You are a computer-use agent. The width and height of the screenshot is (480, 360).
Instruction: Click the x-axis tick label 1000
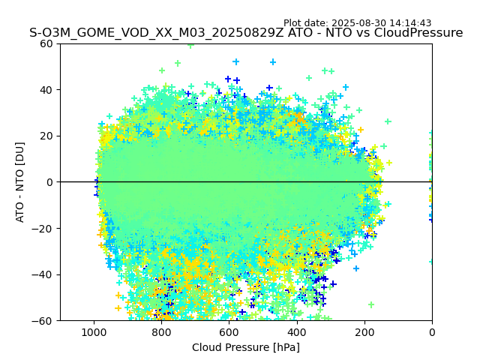click(x=94, y=331)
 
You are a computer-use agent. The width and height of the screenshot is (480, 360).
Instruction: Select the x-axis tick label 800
click(x=161, y=331)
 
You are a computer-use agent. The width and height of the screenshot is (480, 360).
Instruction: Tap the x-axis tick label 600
click(x=229, y=331)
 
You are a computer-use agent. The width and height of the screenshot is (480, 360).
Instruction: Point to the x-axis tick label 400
click(x=297, y=331)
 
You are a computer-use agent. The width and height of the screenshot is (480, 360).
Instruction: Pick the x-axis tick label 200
click(x=364, y=331)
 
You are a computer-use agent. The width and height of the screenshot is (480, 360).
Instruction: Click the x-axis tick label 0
click(x=432, y=331)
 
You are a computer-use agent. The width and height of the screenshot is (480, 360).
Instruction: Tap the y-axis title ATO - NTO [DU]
click(x=21, y=181)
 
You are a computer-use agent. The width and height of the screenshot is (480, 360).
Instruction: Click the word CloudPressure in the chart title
click(x=418, y=33)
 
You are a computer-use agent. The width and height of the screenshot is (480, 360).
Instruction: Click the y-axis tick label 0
click(x=51, y=182)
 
